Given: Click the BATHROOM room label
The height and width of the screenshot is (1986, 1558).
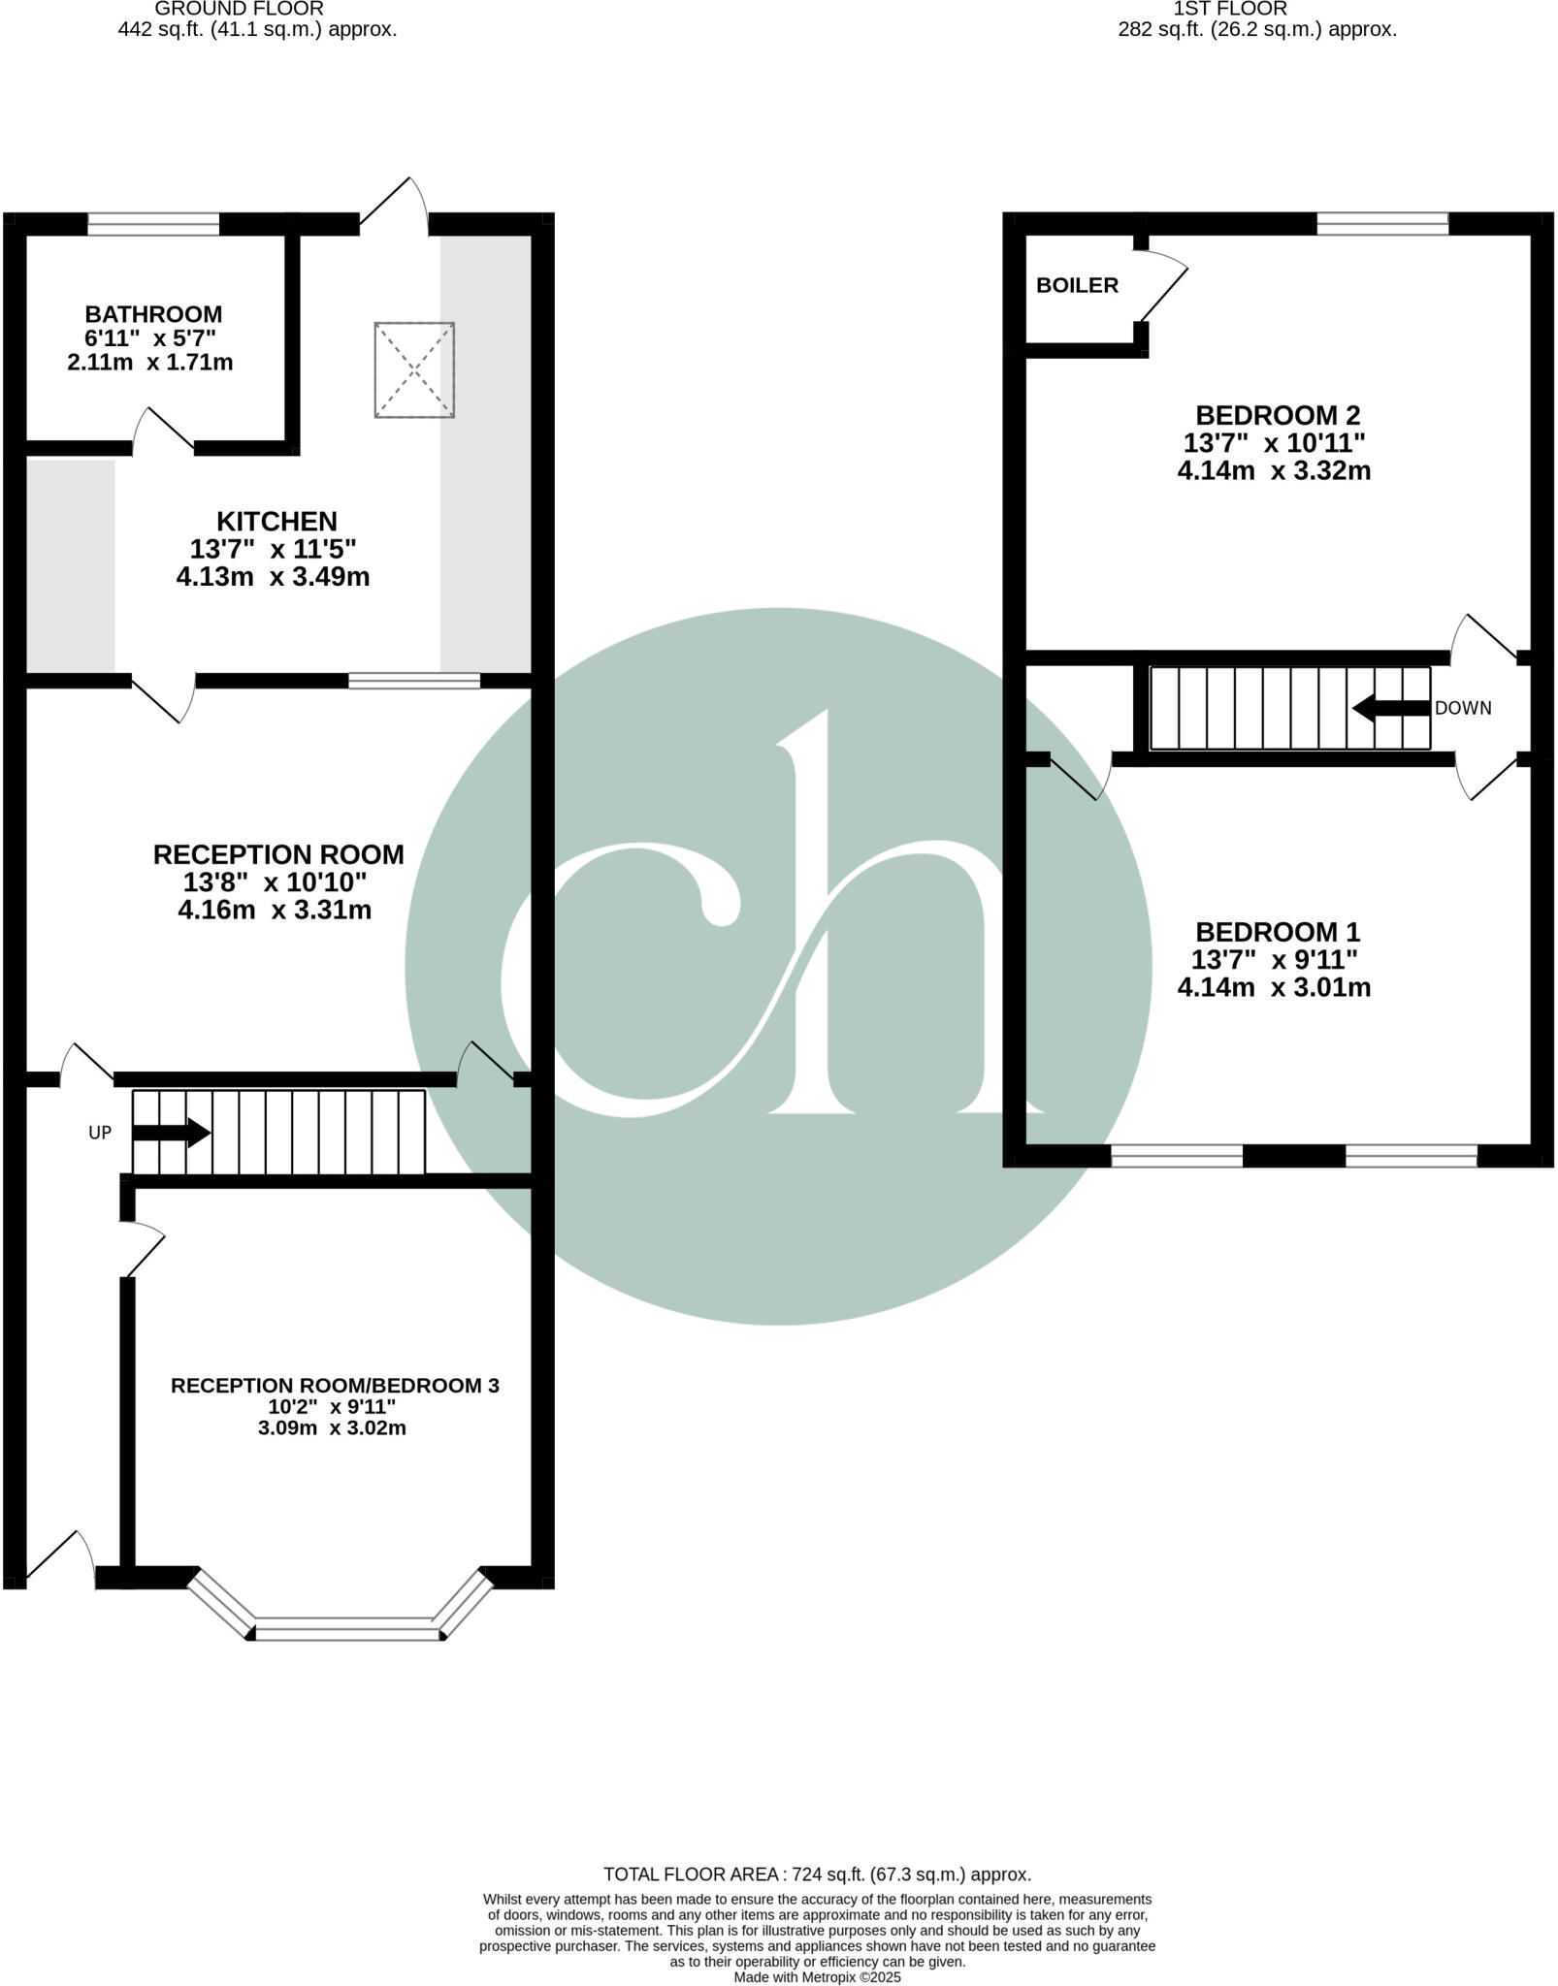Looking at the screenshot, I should [153, 314].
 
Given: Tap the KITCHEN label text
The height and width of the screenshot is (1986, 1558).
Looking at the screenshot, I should [276, 521].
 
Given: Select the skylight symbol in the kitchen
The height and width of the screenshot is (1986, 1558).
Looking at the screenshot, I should [414, 369].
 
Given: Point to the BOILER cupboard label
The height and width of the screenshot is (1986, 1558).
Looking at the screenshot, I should [1077, 285].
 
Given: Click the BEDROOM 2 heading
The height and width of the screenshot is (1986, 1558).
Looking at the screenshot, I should [1278, 415].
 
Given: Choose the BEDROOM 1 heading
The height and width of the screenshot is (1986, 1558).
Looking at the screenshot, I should [1278, 932].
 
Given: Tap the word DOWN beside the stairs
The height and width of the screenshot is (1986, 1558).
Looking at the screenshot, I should [1463, 708].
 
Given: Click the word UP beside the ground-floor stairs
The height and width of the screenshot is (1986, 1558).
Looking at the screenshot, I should [100, 1132].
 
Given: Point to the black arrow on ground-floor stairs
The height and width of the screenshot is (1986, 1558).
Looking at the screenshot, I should [172, 1132].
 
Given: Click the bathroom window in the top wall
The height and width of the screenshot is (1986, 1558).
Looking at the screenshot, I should [153, 225].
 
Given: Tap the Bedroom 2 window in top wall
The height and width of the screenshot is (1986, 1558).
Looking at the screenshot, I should [1382, 225].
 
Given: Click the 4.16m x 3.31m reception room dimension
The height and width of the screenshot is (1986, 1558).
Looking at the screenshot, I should [275, 911].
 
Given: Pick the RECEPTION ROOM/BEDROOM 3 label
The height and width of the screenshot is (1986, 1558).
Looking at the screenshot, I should [335, 1386].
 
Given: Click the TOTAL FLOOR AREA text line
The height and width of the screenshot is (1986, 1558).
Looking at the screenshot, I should [817, 1874].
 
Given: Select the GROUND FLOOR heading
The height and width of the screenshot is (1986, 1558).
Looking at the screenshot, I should [239, 9].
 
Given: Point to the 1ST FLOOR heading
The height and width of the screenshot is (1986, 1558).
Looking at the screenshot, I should [1230, 9].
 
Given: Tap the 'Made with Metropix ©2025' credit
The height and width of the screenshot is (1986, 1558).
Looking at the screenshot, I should [818, 1976].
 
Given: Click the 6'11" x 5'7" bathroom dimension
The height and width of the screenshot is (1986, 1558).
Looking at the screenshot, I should [150, 338].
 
